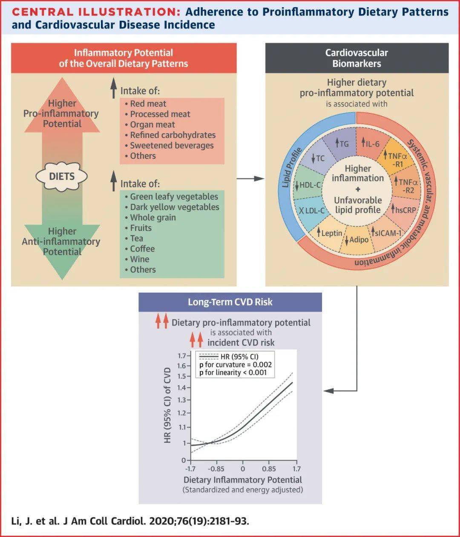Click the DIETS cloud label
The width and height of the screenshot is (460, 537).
click(62, 176)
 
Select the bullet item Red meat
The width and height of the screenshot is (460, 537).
click(148, 104)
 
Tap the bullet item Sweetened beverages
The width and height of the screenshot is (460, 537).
click(172, 145)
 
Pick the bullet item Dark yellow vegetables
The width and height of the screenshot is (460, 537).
click(175, 207)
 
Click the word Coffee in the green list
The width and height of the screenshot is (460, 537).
click(142, 249)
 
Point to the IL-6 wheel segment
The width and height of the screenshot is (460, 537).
click(370, 144)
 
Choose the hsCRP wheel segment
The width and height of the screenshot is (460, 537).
click(403, 210)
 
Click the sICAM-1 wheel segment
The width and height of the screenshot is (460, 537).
click(386, 233)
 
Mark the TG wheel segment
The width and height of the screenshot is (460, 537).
click(342, 144)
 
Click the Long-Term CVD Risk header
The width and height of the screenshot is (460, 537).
click(230, 302)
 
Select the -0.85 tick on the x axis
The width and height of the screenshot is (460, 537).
click(216, 469)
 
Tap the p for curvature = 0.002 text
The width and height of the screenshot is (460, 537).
click(235, 365)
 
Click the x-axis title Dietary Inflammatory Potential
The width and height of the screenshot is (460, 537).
click(243, 480)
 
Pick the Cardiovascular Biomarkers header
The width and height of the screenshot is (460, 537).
click(356, 58)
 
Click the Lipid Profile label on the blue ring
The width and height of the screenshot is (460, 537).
click(293, 167)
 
